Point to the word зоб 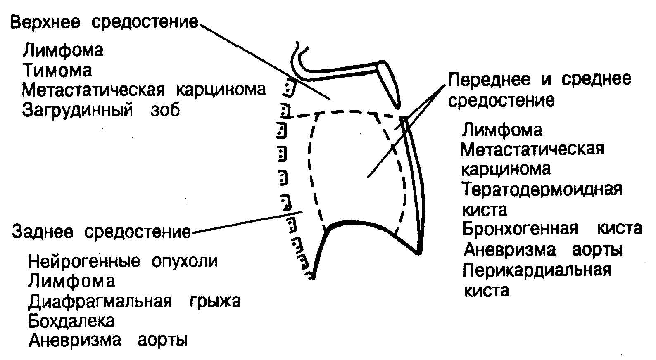[x=164, y=110]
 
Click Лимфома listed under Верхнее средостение [x=63, y=50]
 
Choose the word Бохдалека [x=71, y=321]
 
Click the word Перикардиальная [x=537, y=270]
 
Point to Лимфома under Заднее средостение [x=71, y=282]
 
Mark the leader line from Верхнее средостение [x=264, y=62]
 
